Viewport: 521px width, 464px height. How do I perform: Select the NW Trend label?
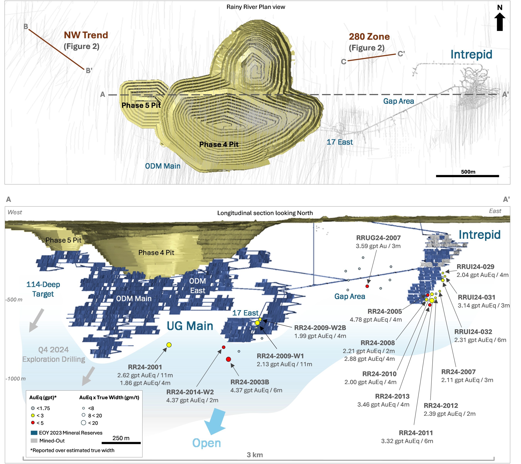(x=86, y=35)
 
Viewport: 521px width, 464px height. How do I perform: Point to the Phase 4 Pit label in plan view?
(x=219, y=145)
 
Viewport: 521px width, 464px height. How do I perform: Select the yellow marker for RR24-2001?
(x=169, y=345)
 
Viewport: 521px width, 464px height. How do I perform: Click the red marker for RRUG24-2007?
(x=367, y=286)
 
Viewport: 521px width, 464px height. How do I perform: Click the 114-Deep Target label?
(x=43, y=289)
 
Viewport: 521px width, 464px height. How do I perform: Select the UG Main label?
(x=190, y=326)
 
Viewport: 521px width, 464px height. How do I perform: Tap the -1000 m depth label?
(x=16, y=379)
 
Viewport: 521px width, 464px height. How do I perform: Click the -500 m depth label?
(x=14, y=299)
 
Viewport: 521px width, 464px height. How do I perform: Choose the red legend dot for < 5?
(x=33, y=423)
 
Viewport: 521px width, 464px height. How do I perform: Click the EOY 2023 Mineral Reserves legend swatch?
(x=34, y=433)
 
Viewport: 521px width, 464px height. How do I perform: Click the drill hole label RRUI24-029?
(x=475, y=267)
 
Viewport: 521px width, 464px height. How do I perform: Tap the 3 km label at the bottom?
(x=255, y=455)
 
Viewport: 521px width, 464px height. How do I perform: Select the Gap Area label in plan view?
(x=398, y=101)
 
